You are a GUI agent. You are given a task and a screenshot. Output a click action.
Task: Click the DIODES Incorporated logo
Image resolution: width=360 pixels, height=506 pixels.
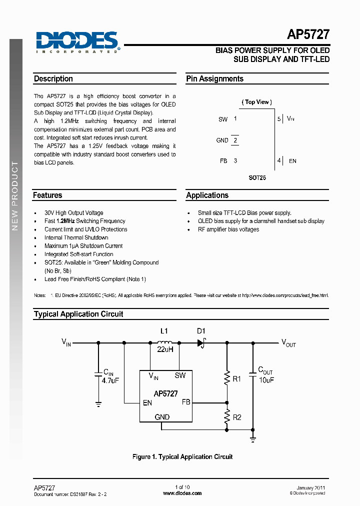tap(76, 42)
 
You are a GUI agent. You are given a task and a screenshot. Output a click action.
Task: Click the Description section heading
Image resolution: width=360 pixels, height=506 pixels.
tap(53, 79)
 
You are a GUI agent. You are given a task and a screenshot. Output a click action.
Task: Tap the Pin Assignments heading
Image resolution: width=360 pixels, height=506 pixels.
tap(214, 79)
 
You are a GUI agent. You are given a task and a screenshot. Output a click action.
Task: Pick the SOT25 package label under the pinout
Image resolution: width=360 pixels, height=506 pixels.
tap(257, 177)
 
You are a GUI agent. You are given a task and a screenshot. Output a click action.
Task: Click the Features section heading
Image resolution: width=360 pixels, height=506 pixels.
tap(47, 195)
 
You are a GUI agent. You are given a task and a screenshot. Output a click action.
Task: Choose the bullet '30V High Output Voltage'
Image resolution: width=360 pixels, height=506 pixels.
tap(73, 213)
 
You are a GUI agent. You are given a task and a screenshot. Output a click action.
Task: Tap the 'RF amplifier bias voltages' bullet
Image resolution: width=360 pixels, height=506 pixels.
tap(228, 229)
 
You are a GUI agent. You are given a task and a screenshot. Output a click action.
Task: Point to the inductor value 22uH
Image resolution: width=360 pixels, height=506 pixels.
tap(165, 349)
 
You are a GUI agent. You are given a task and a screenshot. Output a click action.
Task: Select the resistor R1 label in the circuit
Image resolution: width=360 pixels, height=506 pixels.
tap(237, 379)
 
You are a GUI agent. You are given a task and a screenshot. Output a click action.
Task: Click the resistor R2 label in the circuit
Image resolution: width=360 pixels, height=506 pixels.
tap(237, 417)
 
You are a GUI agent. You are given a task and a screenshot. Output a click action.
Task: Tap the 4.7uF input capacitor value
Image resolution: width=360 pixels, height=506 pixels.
tap(111, 380)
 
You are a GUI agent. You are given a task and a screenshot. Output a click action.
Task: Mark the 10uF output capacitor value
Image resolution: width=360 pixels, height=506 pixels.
tap(266, 380)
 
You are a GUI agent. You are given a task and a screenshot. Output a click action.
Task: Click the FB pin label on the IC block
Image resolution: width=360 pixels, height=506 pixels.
tap(186, 401)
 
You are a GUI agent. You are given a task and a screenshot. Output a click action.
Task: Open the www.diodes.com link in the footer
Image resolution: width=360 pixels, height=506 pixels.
tap(182, 493)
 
